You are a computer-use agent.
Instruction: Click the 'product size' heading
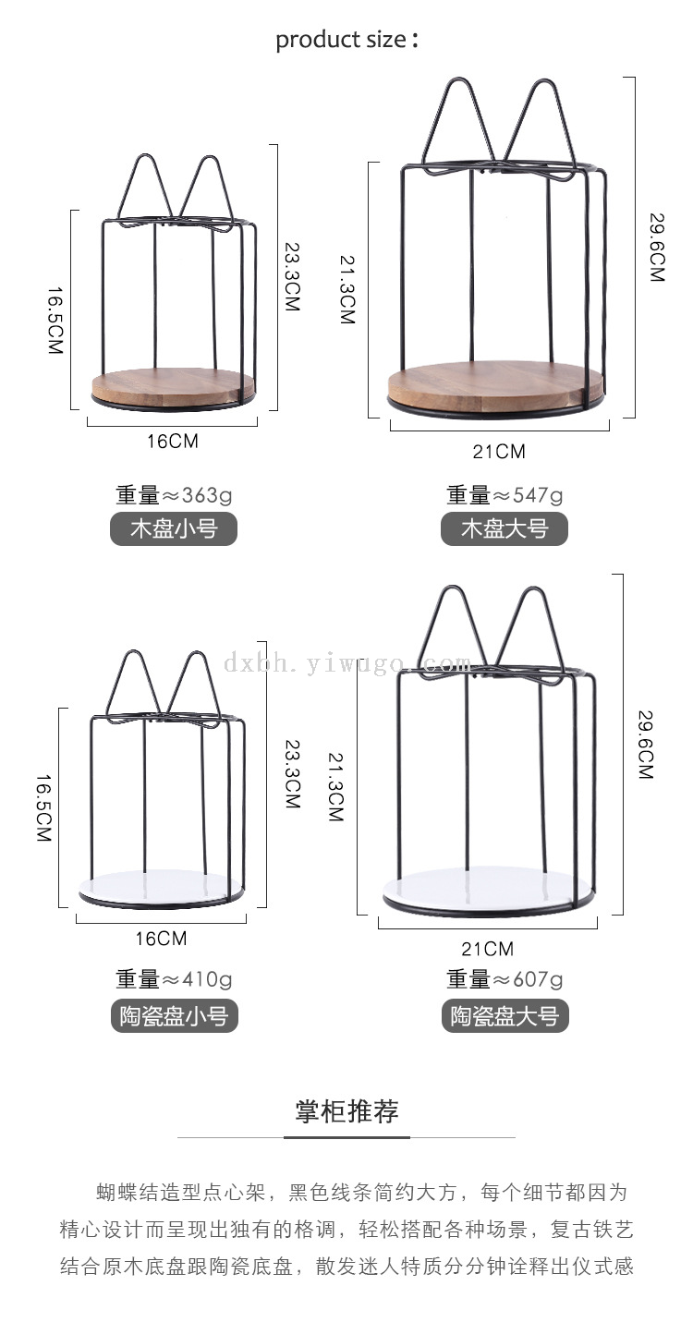(347, 40)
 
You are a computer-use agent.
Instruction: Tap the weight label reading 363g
(174, 494)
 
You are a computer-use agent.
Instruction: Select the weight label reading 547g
(505, 494)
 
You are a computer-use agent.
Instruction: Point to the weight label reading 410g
(174, 979)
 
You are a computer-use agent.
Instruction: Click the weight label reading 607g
(505, 979)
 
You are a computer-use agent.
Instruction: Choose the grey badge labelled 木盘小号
(174, 528)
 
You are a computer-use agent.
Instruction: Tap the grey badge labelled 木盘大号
(505, 528)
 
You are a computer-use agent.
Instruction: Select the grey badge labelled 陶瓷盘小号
(174, 1015)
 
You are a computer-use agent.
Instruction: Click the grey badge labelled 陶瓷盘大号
(505, 1015)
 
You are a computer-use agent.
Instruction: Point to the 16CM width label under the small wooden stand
(173, 441)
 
